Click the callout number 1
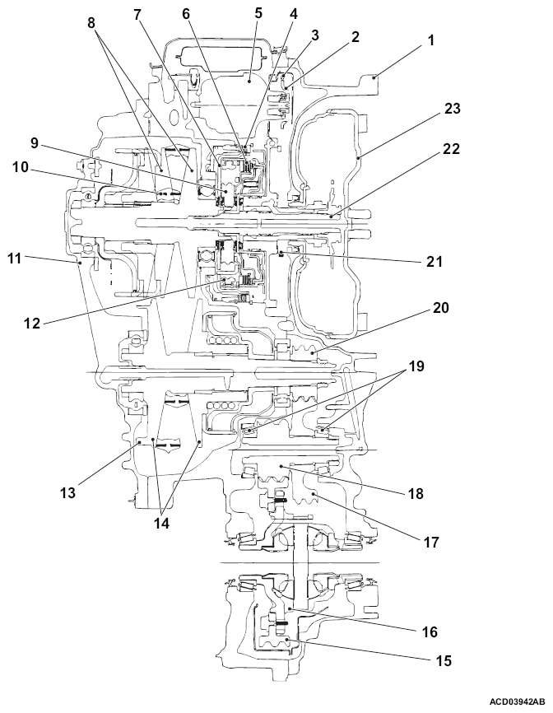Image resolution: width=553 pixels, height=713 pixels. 430,40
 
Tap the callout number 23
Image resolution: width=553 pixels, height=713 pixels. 452,109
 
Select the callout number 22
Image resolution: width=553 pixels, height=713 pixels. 451,149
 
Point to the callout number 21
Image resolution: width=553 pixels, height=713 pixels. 434,262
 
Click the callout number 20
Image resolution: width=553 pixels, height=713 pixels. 440,308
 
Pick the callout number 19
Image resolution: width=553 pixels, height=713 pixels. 416,366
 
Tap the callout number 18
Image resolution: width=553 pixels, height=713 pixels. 416,493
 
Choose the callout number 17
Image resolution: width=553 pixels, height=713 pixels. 431,542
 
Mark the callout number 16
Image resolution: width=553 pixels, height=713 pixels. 430,631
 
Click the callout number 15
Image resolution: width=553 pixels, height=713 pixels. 444,660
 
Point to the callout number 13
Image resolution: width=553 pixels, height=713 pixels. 67,492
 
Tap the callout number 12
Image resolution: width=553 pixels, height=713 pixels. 32,324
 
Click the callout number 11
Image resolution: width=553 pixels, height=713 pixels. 15,259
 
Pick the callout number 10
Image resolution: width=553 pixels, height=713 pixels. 20,168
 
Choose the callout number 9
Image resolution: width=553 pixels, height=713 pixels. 35,144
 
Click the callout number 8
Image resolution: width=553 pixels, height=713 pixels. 92,23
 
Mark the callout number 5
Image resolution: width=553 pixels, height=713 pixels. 258,12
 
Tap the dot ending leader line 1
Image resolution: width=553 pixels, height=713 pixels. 375,77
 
